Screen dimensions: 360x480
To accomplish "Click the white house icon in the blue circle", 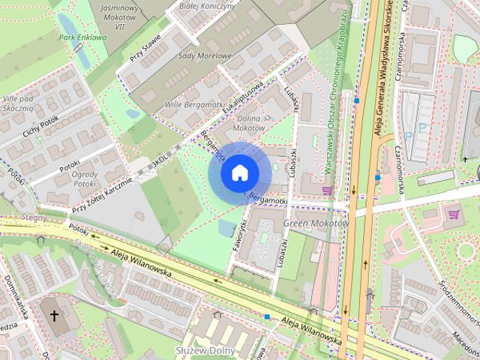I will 239,173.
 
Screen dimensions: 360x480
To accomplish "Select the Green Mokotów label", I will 316,223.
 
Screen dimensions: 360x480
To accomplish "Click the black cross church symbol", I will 53,316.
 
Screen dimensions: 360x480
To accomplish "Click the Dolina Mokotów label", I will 249,123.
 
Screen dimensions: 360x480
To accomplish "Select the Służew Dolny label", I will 205,350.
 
